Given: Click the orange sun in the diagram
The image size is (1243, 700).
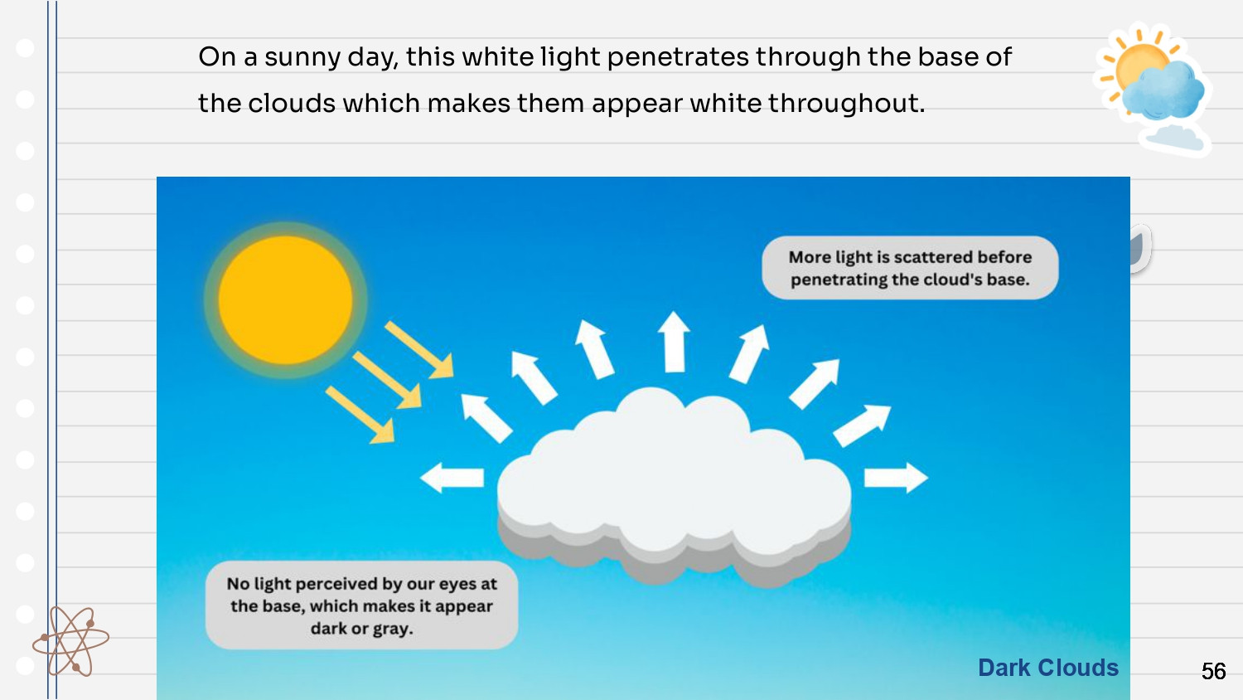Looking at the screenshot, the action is pyautogui.click(x=285, y=300).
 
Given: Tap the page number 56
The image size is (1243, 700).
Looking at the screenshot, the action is pyautogui.click(x=1214, y=671).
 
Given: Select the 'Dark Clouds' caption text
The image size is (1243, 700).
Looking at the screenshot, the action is pyautogui.click(x=1048, y=667).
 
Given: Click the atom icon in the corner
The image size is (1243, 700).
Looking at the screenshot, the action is pyautogui.click(x=70, y=641).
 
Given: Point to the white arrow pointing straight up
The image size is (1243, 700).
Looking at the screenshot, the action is pyautogui.click(x=674, y=342).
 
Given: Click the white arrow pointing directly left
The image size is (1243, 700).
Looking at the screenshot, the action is pyautogui.click(x=452, y=477).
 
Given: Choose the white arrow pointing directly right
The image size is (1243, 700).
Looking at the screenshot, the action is pyautogui.click(x=896, y=477).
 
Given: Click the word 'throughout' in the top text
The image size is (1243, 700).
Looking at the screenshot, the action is pyautogui.click(x=846, y=104).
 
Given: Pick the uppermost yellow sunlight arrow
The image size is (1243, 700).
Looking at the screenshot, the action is pyautogui.click(x=419, y=350).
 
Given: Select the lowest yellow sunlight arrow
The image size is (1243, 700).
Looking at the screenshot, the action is pyautogui.click(x=360, y=415).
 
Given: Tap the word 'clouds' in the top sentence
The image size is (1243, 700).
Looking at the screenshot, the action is pyautogui.click(x=292, y=104).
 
